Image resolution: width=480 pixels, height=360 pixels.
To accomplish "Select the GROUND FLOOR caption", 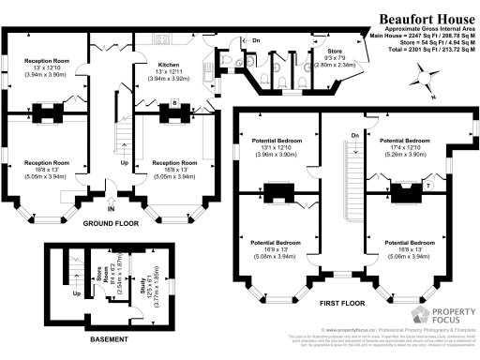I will point(112,224).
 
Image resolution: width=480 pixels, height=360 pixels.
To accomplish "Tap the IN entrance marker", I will point(110,209).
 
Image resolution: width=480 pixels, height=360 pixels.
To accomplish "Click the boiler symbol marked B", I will point(174,103).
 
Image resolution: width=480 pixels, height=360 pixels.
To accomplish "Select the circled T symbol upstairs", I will point(428,186).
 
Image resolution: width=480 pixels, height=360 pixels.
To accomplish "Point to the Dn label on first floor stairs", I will point(354,137).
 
